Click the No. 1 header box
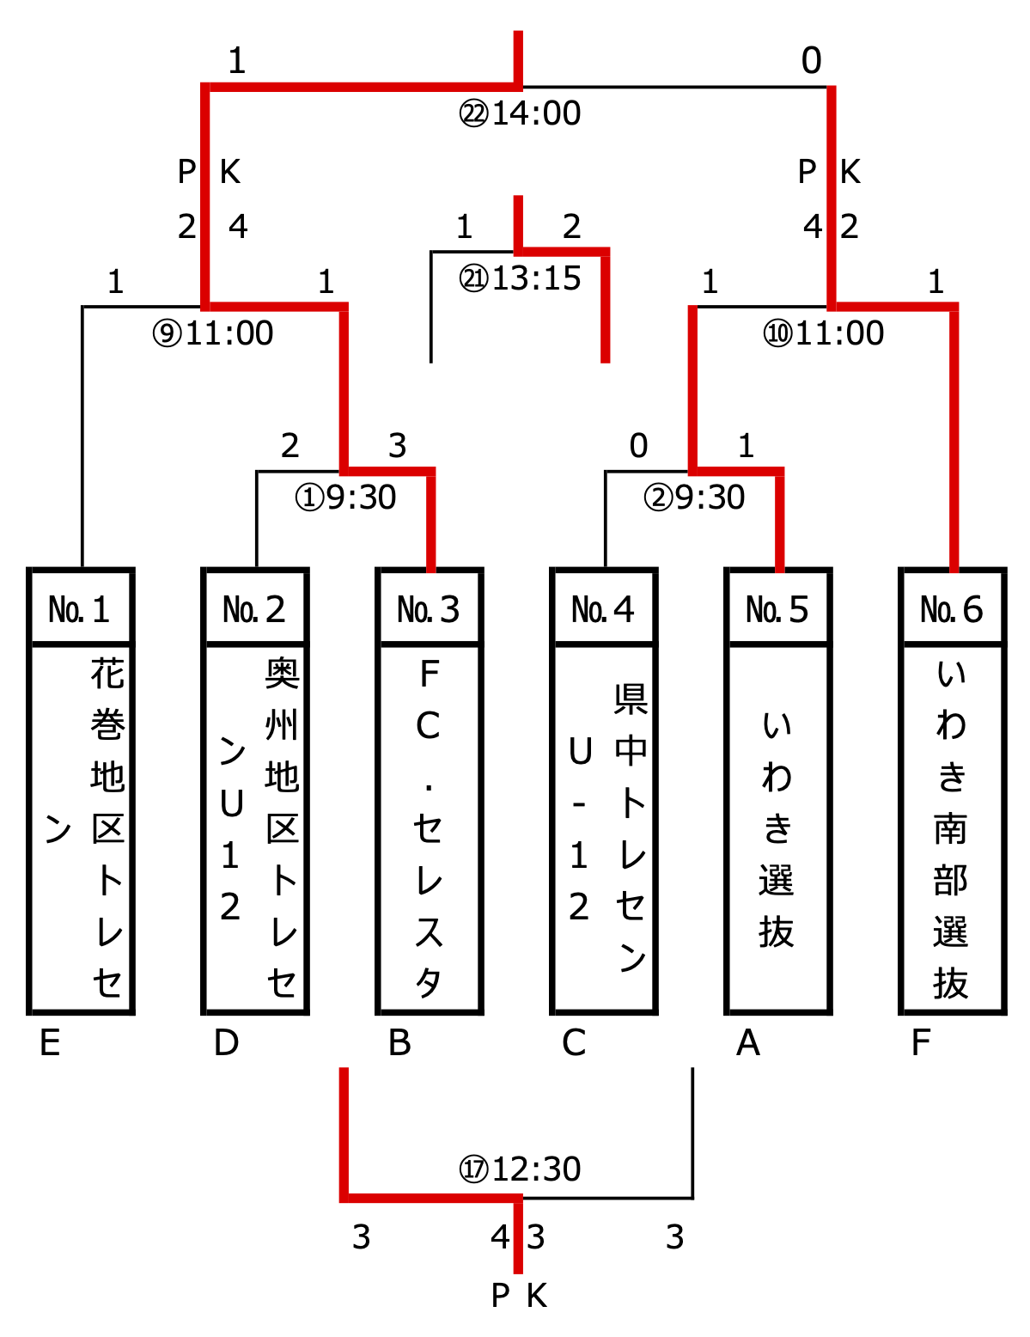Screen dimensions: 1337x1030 pos(81,608)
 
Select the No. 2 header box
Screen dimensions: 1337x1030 pos(255,608)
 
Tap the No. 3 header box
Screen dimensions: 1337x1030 pos(430,608)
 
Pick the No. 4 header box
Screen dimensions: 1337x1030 pos(604,608)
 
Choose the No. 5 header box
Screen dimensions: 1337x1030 pos(778,608)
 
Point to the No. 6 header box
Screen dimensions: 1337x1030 pos(953,608)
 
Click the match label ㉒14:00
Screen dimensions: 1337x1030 pos(520,113)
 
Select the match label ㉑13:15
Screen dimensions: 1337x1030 pos(520,278)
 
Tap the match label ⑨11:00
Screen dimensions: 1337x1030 pos(213,333)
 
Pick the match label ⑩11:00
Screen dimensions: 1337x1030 pos(824,333)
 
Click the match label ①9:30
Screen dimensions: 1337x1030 pos(345,498)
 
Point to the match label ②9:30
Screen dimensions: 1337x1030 pos(694,498)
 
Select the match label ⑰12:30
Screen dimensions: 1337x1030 pos(520,1169)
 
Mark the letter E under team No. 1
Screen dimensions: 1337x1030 pos(51,1043)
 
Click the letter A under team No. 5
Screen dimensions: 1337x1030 pos(748,1043)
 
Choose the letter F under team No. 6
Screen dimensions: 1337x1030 pos(921,1043)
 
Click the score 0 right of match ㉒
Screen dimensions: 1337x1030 pos(811,61)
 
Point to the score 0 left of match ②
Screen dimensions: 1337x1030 pos(638,446)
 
